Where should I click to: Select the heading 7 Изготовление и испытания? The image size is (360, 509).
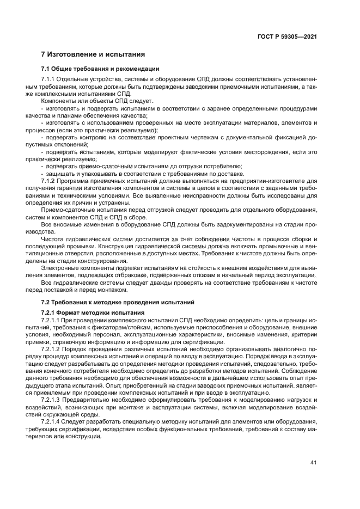point(93,54)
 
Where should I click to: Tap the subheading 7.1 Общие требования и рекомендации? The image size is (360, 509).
point(100,69)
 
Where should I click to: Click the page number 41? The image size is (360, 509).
point(313,463)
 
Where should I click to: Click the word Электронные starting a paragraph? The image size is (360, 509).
point(60,267)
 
